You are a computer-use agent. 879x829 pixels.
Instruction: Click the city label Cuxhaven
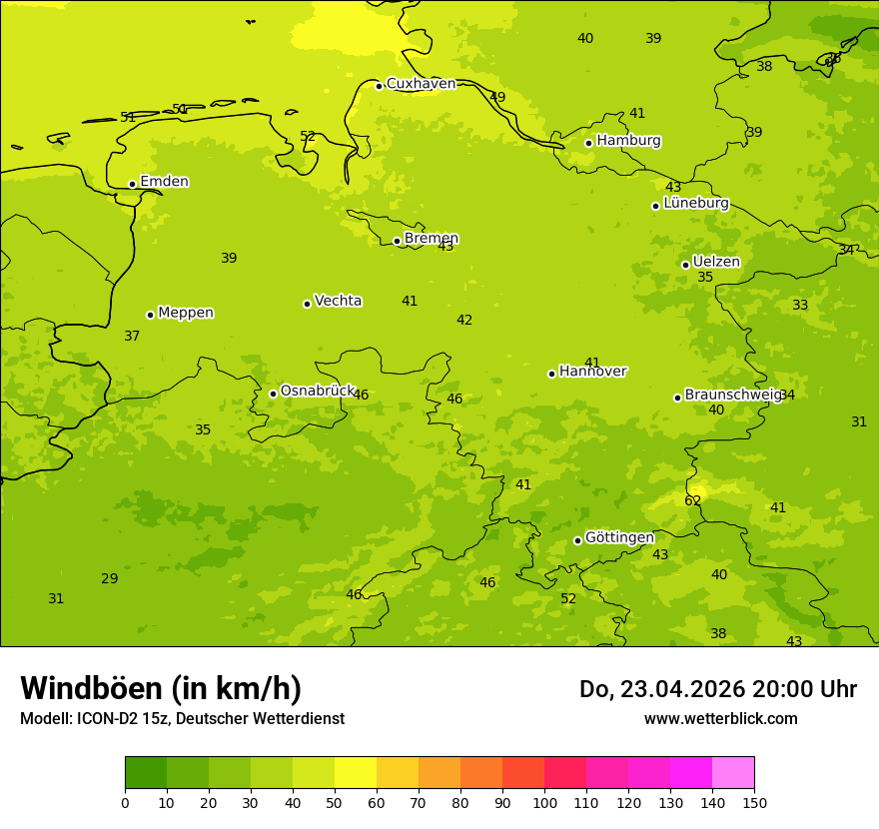[x=421, y=84]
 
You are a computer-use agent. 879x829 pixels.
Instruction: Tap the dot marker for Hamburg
[x=589, y=143]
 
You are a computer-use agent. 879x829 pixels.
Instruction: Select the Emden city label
[x=164, y=182]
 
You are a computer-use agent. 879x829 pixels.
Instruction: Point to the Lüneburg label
[x=696, y=204]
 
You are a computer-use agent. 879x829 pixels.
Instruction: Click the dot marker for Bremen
[x=397, y=241]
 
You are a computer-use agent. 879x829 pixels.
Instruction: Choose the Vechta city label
[x=338, y=301]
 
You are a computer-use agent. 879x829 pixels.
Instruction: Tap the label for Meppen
[x=186, y=313]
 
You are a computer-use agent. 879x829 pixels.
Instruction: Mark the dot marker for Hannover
[x=551, y=374]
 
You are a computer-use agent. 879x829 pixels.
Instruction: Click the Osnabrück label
[x=317, y=391]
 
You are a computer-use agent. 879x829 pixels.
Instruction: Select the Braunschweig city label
[x=732, y=396]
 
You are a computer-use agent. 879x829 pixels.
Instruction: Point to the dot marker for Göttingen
[x=577, y=540]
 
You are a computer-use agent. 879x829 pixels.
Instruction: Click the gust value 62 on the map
[x=692, y=500]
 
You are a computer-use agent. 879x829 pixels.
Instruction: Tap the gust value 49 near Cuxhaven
[x=497, y=97]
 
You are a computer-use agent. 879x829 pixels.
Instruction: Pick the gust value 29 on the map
[x=109, y=578]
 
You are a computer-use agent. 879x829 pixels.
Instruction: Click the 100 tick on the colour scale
[x=544, y=802]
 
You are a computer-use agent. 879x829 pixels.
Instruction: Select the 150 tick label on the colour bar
[x=754, y=802]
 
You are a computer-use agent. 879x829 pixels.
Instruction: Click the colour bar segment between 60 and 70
[x=398, y=773]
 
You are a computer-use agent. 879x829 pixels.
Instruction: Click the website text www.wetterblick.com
[x=720, y=719]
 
